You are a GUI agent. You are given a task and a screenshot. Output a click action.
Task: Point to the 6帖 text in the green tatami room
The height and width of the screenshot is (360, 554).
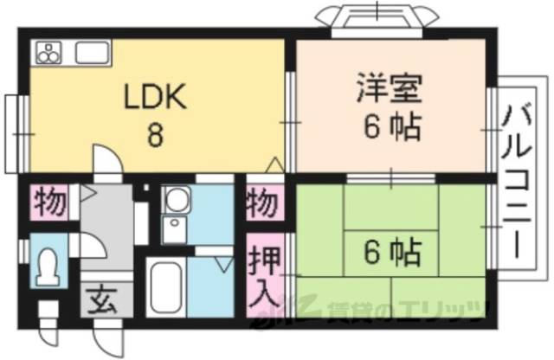(x=393, y=254)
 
